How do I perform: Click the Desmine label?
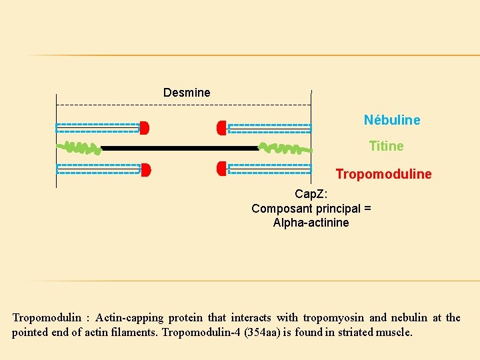point(187,93)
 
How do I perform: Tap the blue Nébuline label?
point(392,120)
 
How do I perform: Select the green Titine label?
point(386,146)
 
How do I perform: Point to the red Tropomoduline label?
point(383,174)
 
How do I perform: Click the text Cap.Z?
point(311,194)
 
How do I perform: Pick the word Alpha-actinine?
point(311,223)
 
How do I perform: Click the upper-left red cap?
point(144,127)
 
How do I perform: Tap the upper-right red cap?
point(221,127)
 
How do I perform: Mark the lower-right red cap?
point(221,169)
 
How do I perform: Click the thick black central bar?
point(180,148)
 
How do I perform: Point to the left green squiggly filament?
point(79,147)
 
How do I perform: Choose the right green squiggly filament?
point(285,148)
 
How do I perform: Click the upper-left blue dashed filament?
point(97,127)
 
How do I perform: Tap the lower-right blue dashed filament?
point(269,169)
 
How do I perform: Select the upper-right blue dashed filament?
point(269,128)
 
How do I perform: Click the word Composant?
point(282,209)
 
